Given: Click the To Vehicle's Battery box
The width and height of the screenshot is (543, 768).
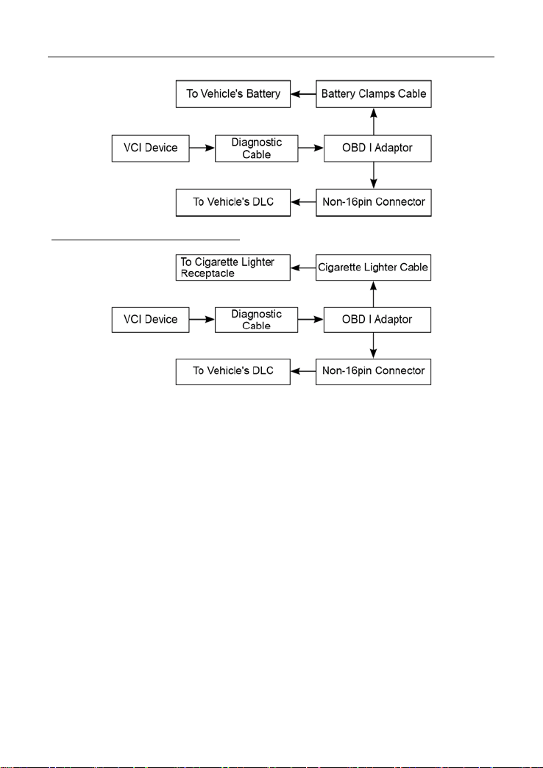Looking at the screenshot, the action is pyautogui.click(x=233, y=94).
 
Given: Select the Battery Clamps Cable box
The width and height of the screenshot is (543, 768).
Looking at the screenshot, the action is pyautogui.click(x=374, y=94).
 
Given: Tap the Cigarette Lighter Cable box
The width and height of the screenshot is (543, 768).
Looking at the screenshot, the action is pyautogui.click(x=373, y=268).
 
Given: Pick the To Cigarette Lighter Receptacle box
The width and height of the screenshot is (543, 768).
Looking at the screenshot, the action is pyautogui.click(x=233, y=268).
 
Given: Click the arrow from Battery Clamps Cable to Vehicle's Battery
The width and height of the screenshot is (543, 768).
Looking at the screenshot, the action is pyautogui.click(x=303, y=94).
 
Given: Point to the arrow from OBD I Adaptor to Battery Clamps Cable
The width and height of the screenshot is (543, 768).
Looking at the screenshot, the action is pyautogui.click(x=374, y=121).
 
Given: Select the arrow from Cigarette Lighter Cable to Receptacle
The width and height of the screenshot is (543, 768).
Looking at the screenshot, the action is pyautogui.click(x=303, y=268).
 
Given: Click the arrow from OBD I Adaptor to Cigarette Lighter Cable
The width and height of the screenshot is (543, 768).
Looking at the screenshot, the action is pyautogui.click(x=374, y=294).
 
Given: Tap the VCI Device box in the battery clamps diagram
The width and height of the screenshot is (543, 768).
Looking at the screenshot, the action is pyautogui.click(x=151, y=148).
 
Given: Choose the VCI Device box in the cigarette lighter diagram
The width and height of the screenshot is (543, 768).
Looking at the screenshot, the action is pyautogui.click(x=151, y=320).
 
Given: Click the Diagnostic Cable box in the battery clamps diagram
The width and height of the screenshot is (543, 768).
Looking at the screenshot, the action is pyautogui.click(x=257, y=148).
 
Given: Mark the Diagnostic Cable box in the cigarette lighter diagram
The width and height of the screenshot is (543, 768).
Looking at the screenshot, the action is pyautogui.click(x=257, y=320).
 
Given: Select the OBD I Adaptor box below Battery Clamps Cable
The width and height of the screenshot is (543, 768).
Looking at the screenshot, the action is pyautogui.click(x=377, y=148).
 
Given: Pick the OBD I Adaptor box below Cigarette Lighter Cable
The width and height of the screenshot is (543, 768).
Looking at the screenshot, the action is pyautogui.click(x=377, y=320).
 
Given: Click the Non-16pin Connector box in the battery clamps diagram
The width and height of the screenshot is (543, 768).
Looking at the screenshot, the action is pyautogui.click(x=374, y=202).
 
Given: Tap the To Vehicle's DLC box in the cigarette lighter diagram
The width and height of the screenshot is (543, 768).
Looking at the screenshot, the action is pyautogui.click(x=233, y=371).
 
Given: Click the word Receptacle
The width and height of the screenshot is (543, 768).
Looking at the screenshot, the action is pyautogui.click(x=207, y=274).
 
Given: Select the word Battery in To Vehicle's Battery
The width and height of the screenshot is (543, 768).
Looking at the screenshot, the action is pyautogui.click(x=263, y=93).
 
